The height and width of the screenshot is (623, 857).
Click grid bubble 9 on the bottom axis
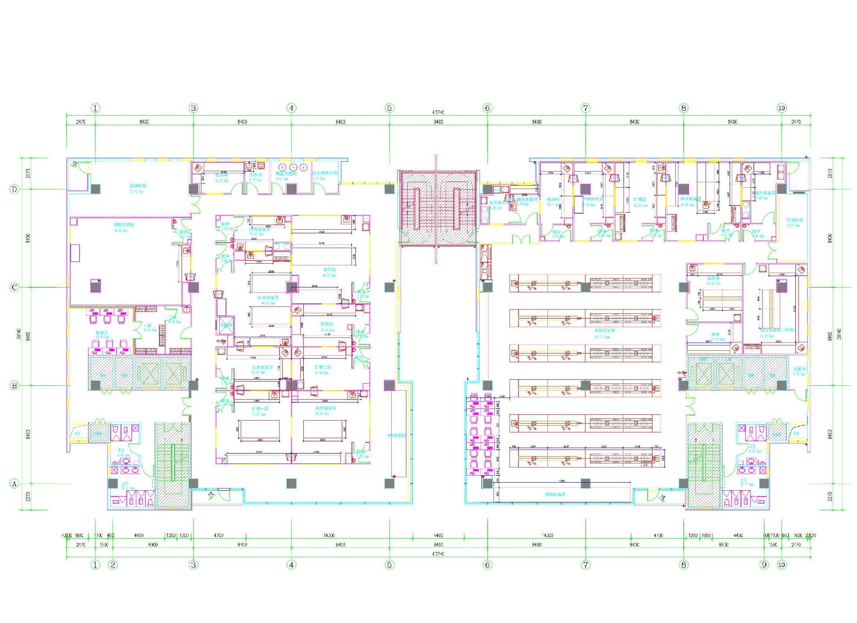tap(764, 564)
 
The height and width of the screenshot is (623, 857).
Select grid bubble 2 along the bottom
tap(113, 564)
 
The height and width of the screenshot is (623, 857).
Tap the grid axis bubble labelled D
tap(14, 189)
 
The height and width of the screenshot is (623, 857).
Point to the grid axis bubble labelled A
tap(14, 484)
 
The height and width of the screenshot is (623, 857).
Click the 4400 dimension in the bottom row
tap(438, 535)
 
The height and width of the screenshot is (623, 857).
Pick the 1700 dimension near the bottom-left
tap(99, 535)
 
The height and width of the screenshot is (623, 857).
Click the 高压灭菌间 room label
tap(286, 173)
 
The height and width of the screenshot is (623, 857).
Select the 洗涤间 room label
tap(255, 175)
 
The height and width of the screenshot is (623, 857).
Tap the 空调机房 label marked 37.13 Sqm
tap(138, 185)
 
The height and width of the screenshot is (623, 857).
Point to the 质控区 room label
tap(327, 324)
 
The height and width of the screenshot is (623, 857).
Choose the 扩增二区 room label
tap(322, 367)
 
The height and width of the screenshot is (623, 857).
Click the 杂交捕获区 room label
tap(326, 408)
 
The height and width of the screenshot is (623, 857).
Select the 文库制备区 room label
tap(262, 367)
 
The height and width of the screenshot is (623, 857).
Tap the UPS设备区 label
tap(396, 435)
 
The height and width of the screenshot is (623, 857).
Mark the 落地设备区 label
tap(555, 494)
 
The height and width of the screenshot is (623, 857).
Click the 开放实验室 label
tap(604, 331)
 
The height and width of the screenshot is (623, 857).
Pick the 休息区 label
tap(101, 333)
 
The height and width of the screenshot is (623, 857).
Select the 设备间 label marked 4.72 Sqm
tap(799, 369)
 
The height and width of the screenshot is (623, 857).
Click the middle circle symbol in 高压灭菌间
tap(293, 167)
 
